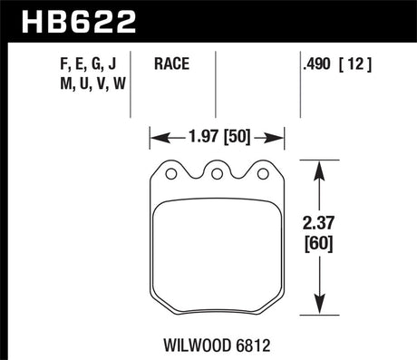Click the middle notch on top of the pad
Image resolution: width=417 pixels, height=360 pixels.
218,170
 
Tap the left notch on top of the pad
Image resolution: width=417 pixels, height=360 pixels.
170,170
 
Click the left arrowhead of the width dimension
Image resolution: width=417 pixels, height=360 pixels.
155,138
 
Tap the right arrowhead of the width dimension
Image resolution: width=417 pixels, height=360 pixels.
280,138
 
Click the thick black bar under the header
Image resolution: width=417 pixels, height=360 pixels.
208,42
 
